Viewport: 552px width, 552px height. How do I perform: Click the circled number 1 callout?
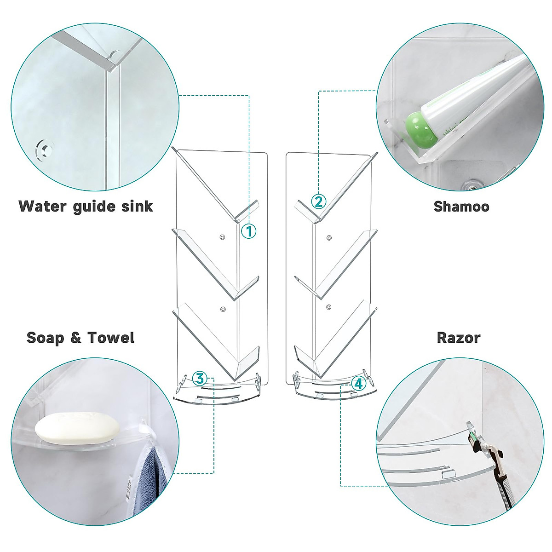click(x=249, y=231)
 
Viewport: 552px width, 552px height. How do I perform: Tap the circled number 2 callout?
click(x=319, y=201)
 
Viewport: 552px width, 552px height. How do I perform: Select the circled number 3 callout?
click(x=199, y=378)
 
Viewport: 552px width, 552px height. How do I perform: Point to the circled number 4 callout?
click(x=359, y=383)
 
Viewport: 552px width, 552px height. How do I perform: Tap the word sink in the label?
click(x=137, y=206)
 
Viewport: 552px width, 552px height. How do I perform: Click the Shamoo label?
click(x=461, y=206)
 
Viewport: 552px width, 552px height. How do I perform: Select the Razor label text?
click(x=458, y=338)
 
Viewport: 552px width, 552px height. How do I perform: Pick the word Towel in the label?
click(x=111, y=338)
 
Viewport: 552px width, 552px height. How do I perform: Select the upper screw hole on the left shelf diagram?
click(x=222, y=237)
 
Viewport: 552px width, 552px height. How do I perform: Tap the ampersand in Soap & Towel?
click(x=76, y=338)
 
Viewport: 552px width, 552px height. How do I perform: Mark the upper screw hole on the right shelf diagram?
click(x=328, y=238)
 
